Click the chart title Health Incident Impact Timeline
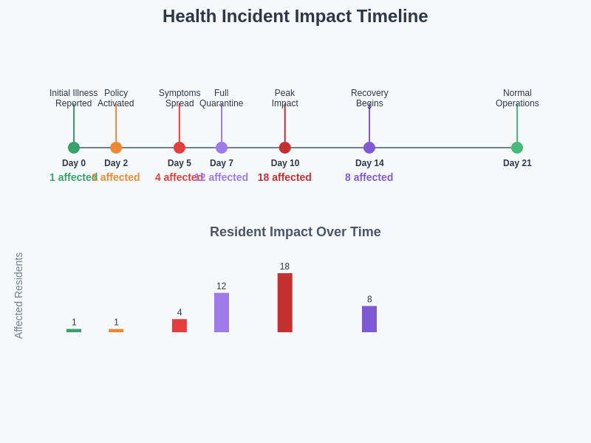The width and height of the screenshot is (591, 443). [295, 16]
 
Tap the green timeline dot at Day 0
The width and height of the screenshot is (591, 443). [74, 148]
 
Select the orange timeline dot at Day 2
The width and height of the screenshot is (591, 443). [116, 148]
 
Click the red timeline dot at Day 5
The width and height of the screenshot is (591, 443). [180, 148]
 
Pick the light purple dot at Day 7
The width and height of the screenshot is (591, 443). [222, 148]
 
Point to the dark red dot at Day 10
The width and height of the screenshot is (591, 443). [285, 148]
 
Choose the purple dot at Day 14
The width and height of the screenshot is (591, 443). [369, 148]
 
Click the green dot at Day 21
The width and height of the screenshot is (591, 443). [517, 148]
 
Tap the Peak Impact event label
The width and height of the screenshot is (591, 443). [285, 98]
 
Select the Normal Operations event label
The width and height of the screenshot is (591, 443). [517, 98]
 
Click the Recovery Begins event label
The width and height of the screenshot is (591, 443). [369, 98]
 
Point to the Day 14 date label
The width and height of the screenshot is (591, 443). [369, 163]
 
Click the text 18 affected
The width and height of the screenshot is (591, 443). [284, 177]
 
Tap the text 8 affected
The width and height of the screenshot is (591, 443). [369, 177]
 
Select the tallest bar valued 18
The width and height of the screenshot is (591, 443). [285, 303]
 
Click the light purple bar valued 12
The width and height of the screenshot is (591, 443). [222, 312]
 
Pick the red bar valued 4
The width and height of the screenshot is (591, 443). [180, 326]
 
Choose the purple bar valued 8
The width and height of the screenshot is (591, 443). [369, 319]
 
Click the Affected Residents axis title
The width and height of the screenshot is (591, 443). [19, 295]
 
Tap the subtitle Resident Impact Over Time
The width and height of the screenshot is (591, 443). [295, 232]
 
